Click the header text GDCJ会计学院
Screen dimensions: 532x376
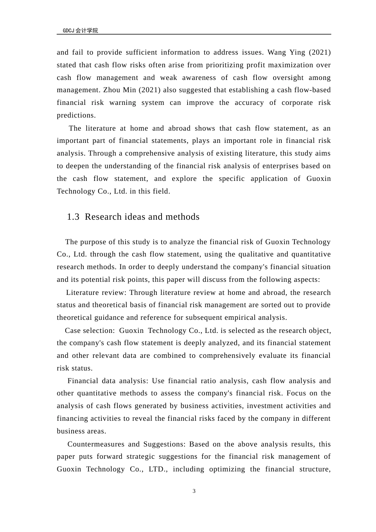pos(80,30)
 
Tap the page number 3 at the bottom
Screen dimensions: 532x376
pos(194,491)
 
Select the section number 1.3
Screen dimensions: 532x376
pos(73,217)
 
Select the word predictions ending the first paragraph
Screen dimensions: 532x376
pos(76,115)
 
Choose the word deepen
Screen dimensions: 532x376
pos(78,166)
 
